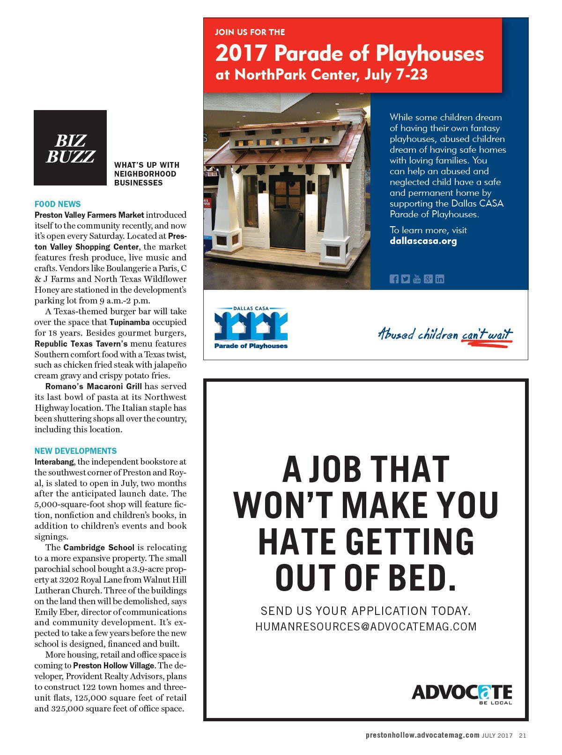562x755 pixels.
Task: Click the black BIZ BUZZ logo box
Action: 70,148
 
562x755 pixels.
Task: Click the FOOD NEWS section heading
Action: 58,204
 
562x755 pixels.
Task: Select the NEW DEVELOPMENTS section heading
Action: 75,451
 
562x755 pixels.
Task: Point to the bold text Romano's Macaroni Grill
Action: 93,386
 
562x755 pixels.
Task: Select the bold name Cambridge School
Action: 99,548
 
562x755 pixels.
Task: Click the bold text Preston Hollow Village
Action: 113,666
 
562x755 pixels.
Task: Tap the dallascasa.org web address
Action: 423,242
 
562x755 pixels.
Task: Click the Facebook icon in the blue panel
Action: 394,279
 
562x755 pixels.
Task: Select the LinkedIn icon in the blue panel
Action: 439,279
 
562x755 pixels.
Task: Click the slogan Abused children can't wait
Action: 445,334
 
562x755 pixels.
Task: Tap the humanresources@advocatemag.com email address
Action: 366,626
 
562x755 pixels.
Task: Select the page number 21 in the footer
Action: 522,735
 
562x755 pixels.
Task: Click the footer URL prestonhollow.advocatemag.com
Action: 422,735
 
